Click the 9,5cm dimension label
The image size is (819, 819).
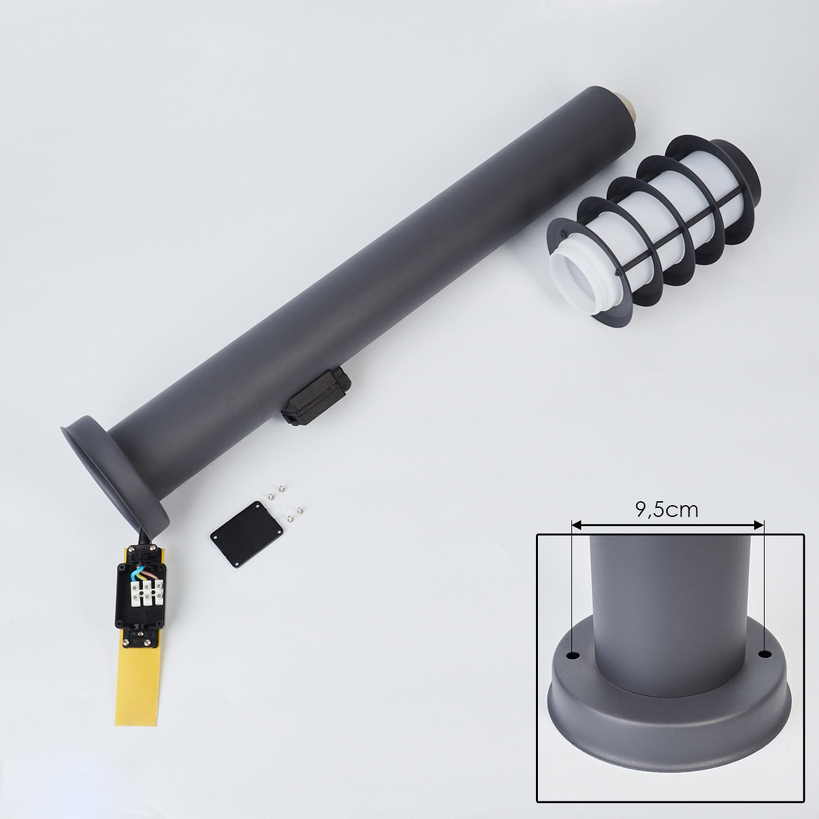(x=666, y=510)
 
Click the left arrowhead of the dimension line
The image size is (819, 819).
(x=577, y=526)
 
